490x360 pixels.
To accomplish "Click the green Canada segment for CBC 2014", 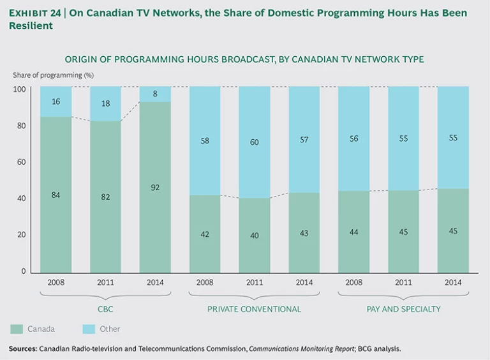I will pyautogui.click(x=155, y=211).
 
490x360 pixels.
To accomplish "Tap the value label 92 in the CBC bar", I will pyautogui.click(x=155, y=188).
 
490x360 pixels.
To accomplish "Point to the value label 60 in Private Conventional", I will pyautogui.click(x=254, y=142).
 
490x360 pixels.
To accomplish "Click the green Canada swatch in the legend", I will pyautogui.click(x=17, y=329).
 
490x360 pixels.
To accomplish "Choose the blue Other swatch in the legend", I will pyautogui.click(x=89, y=329).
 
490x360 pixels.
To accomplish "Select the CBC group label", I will pyautogui.click(x=105, y=309).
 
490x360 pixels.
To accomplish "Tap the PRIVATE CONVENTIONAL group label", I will pyautogui.click(x=254, y=309).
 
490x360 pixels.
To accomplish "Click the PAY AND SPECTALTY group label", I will pyautogui.click(x=403, y=309).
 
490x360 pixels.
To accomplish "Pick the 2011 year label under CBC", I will pyautogui.click(x=105, y=283).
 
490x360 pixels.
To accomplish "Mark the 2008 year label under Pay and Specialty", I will pyautogui.click(x=353, y=283).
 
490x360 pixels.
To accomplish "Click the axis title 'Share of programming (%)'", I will pyautogui.click(x=49, y=75).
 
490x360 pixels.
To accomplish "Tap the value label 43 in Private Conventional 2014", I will pyautogui.click(x=304, y=233).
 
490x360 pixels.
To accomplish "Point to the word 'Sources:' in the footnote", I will pyautogui.click(x=22, y=349).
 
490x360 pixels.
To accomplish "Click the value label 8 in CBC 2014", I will pyautogui.click(x=155, y=93).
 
